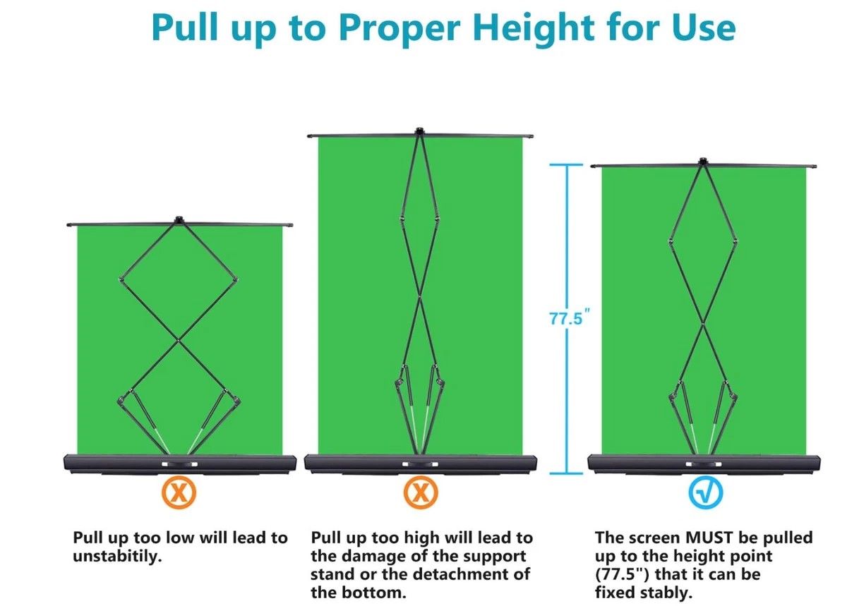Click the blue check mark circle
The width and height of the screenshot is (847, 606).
[706, 492]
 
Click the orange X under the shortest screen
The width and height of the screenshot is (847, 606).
[179, 492]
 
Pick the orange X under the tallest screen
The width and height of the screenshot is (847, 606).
[421, 492]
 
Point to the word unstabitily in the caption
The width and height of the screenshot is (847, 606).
[117, 557]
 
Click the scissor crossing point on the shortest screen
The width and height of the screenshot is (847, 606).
[179, 340]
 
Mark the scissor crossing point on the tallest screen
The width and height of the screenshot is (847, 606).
[420, 296]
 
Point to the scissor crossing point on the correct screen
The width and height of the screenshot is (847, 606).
[703, 324]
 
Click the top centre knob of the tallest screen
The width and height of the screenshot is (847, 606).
[419, 131]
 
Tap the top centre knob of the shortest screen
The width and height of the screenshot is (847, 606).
[179, 219]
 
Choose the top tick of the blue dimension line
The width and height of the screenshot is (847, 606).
[566, 165]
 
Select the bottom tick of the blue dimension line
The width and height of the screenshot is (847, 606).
[566, 473]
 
